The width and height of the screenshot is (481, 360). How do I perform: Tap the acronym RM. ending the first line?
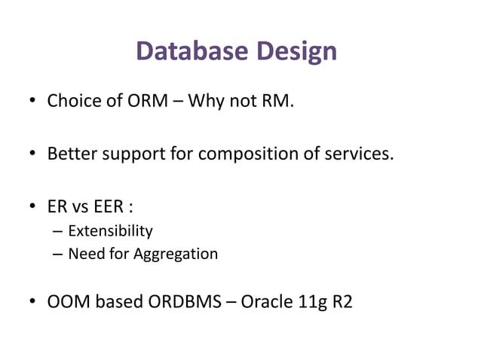click(274, 101)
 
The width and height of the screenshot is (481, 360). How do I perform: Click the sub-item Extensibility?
click(110, 230)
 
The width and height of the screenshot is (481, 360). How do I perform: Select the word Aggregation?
click(176, 254)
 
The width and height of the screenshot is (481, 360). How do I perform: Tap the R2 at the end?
click(342, 303)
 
